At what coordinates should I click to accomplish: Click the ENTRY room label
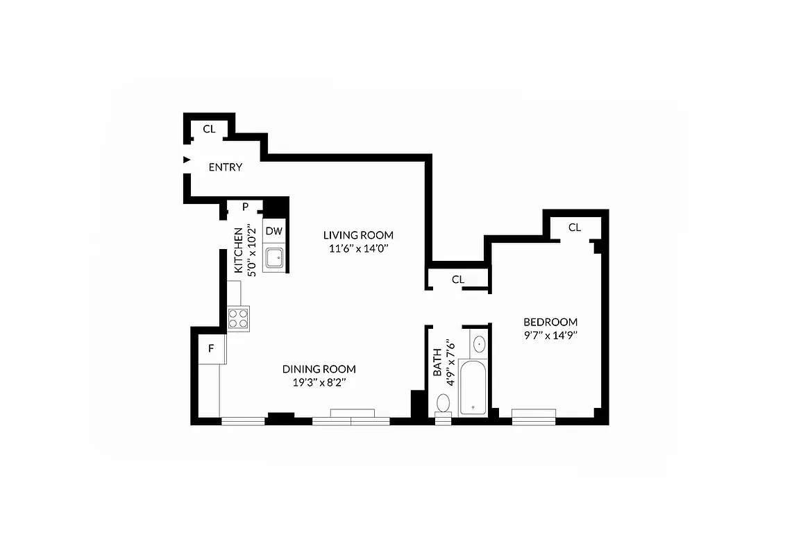[226, 167]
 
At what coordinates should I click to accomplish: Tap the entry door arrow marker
[185, 160]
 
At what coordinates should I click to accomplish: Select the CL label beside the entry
[209, 129]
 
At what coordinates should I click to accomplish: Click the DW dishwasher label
[274, 231]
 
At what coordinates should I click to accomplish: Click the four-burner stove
[238, 318]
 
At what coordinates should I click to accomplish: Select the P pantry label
[245, 206]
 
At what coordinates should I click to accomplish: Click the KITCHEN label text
[238, 250]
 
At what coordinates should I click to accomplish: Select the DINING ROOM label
[319, 369]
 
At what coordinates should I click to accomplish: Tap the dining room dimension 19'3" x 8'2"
[319, 382]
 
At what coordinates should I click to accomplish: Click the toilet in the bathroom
[443, 404]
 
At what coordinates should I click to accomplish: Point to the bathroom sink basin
[479, 343]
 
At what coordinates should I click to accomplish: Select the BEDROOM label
[550, 322]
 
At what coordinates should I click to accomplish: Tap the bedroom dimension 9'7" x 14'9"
[550, 335]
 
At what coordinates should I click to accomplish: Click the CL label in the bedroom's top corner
[574, 228]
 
